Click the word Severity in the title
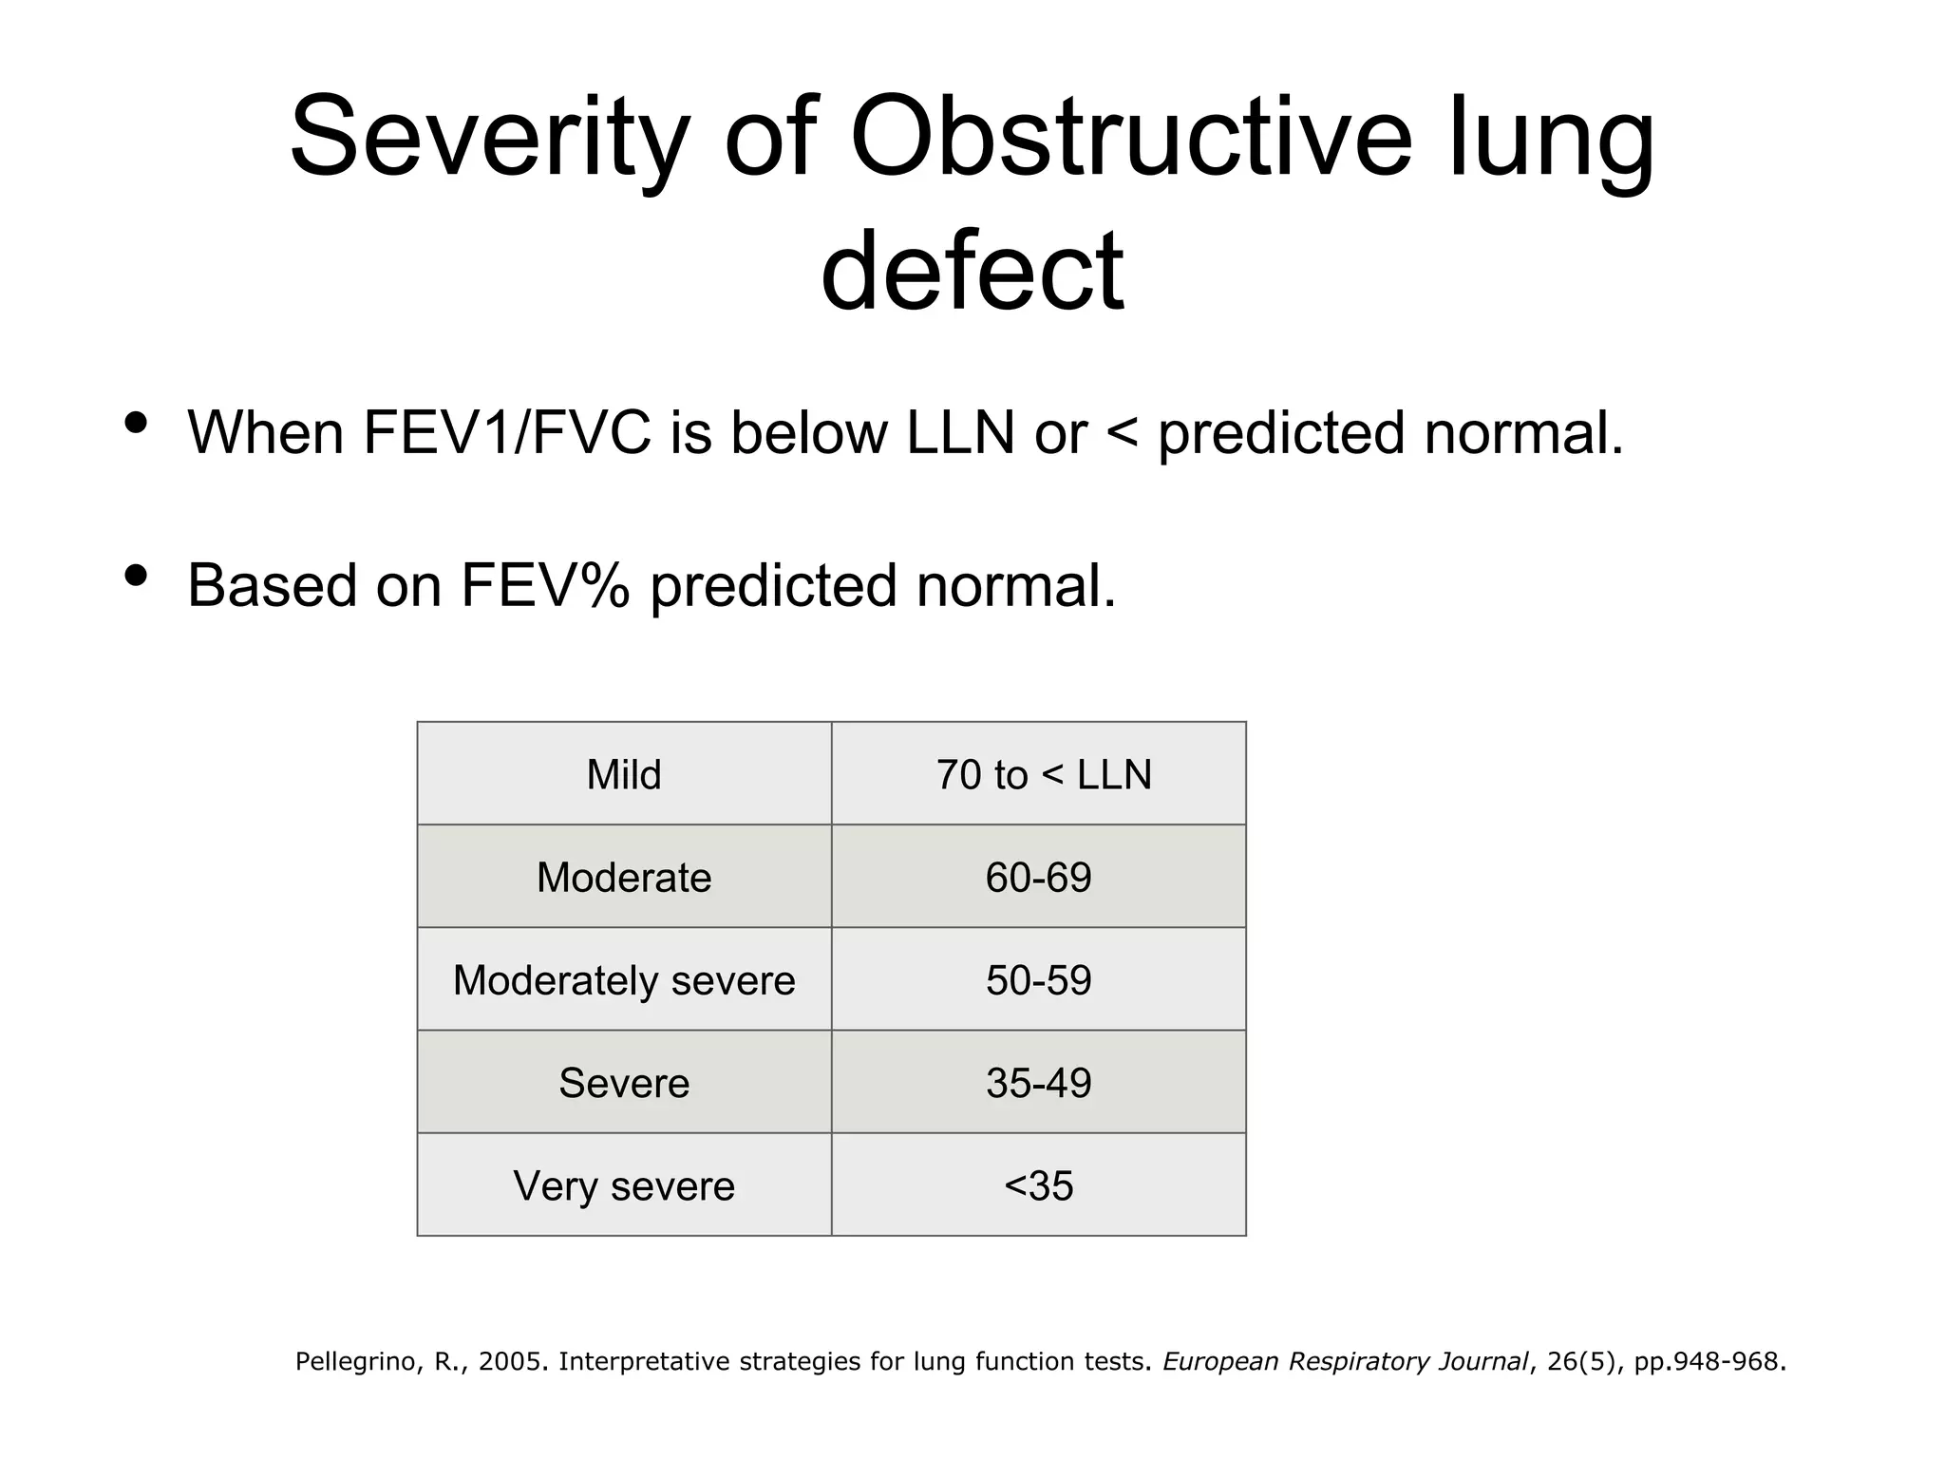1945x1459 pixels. coord(488,138)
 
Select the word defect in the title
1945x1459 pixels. coord(972,271)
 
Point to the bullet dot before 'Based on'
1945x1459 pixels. coord(136,575)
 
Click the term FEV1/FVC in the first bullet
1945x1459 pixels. coord(507,433)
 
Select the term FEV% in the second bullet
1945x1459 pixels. coord(544,585)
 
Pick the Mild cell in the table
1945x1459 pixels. coord(624,774)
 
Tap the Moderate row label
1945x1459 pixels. coord(624,877)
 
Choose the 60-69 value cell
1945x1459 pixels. coord(1038,877)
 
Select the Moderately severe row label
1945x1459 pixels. coord(624,980)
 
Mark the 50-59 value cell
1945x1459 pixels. coord(1038,980)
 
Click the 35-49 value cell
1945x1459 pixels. coord(1038,1083)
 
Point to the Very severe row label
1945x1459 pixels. coord(624,1185)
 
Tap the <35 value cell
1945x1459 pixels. coord(1038,1185)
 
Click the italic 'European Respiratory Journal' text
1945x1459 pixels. coord(1346,1362)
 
